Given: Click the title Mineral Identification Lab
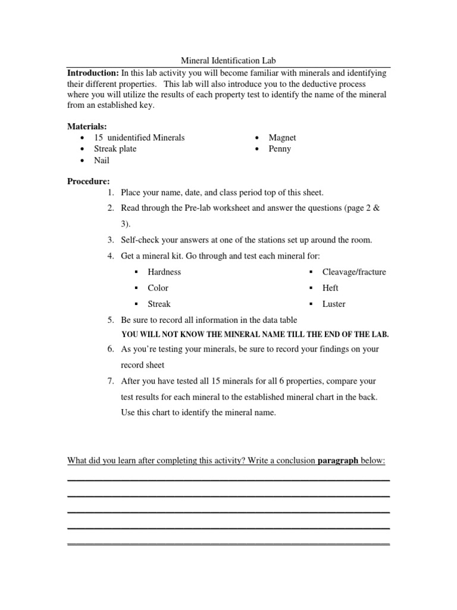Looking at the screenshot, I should (228, 61).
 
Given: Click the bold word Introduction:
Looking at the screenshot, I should (93, 73).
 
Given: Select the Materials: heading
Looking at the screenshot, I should (87, 126).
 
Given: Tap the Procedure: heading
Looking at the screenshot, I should (88, 181).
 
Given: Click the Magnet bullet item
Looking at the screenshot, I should (282, 138).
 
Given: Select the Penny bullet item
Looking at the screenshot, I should (280, 149).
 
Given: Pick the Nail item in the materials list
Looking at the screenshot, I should (102, 160).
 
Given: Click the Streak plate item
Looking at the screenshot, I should (115, 149).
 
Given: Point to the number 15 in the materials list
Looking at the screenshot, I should (99, 138).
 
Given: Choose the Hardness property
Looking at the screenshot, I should (164, 272).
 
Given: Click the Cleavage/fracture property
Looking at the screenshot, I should (354, 272).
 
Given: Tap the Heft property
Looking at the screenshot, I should (330, 288).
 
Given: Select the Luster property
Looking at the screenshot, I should (334, 304).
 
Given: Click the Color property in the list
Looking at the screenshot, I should (158, 288).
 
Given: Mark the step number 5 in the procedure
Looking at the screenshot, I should (111, 320).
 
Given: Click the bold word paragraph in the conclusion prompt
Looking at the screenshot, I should (338, 461).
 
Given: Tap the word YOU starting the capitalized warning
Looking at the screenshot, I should (131, 335).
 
